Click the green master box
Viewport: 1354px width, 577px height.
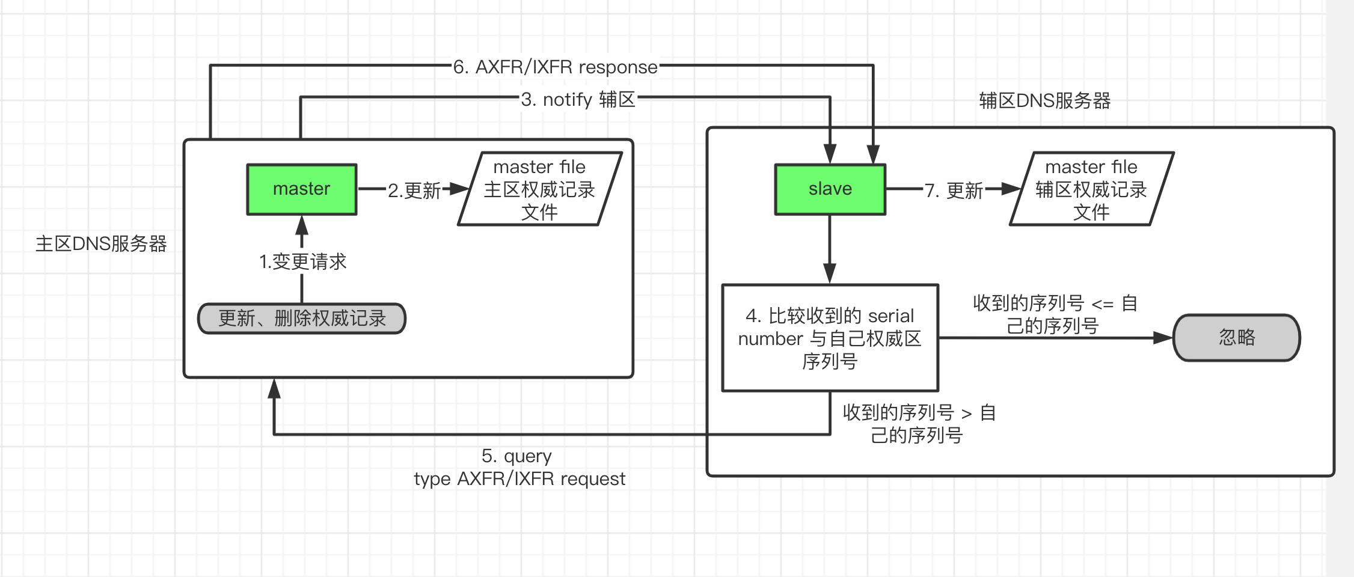tap(301, 189)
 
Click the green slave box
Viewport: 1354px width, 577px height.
tap(830, 189)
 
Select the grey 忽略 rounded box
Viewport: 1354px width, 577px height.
tap(1236, 338)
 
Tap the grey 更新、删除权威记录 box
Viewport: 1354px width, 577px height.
tap(302, 319)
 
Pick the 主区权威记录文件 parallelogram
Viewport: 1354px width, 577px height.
tap(539, 189)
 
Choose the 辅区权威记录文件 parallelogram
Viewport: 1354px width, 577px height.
tap(1091, 189)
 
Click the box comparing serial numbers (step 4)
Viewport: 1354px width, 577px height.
tap(830, 338)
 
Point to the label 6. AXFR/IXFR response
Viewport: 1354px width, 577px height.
tap(555, 67)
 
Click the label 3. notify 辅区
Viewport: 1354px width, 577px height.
tap(578, 99)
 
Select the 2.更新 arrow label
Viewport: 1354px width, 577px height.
tap(414, 191)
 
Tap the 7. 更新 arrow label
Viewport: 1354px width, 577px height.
tap(954, 191)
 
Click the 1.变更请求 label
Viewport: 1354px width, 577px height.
tap(302, 261)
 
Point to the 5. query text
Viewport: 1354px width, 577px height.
tap(516, 456)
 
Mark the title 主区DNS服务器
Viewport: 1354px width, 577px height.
tap(101, 243)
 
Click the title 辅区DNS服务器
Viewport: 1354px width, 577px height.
tap(1044, 100)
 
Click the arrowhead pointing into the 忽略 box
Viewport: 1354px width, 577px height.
tap(1163, 338)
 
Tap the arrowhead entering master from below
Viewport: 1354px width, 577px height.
tap(302, 225)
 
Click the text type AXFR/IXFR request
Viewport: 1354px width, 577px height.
tap(519, 479)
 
